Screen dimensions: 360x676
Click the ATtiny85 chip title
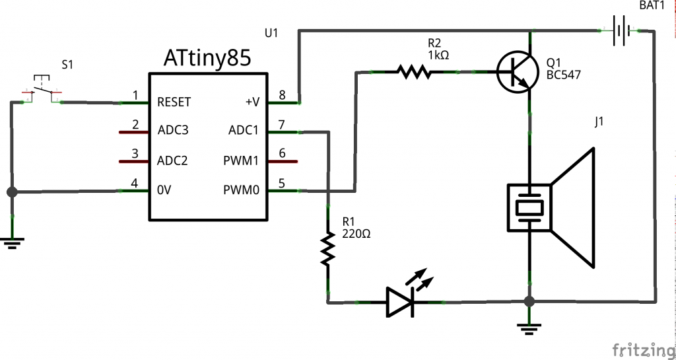coord(207,59)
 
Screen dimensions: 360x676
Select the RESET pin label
coord(174,102)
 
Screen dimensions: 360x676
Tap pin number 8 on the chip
coord(282,95)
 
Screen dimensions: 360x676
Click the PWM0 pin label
coord(242,191)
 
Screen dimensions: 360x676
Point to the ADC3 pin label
coord(173,131)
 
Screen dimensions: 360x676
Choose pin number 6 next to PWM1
coord(282,153)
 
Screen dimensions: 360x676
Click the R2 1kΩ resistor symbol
coord(414,71)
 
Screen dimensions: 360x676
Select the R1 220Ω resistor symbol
coord(327,249)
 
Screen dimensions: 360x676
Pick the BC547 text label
coord(564,75)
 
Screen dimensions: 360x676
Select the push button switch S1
coord(42,92)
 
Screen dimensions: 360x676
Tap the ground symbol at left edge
coord(12,242)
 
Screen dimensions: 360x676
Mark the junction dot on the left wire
coord(12,192)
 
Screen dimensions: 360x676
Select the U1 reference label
coord(271,31)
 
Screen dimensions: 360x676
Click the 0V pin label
coord(165,191)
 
